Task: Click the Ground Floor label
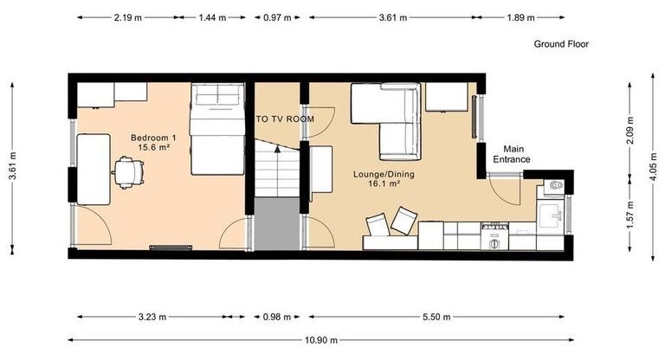point(560,44)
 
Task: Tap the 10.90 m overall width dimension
point(320,340)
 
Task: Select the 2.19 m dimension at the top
point(128,16)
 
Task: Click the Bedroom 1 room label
point(153,138)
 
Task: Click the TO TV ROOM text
point(284,119)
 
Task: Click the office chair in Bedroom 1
point(126,171)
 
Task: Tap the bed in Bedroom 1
point(219,128)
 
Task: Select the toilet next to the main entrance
point(555,186)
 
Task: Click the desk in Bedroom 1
point(93,168)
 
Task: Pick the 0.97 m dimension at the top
point(277,16)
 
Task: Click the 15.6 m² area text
point(154,149)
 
